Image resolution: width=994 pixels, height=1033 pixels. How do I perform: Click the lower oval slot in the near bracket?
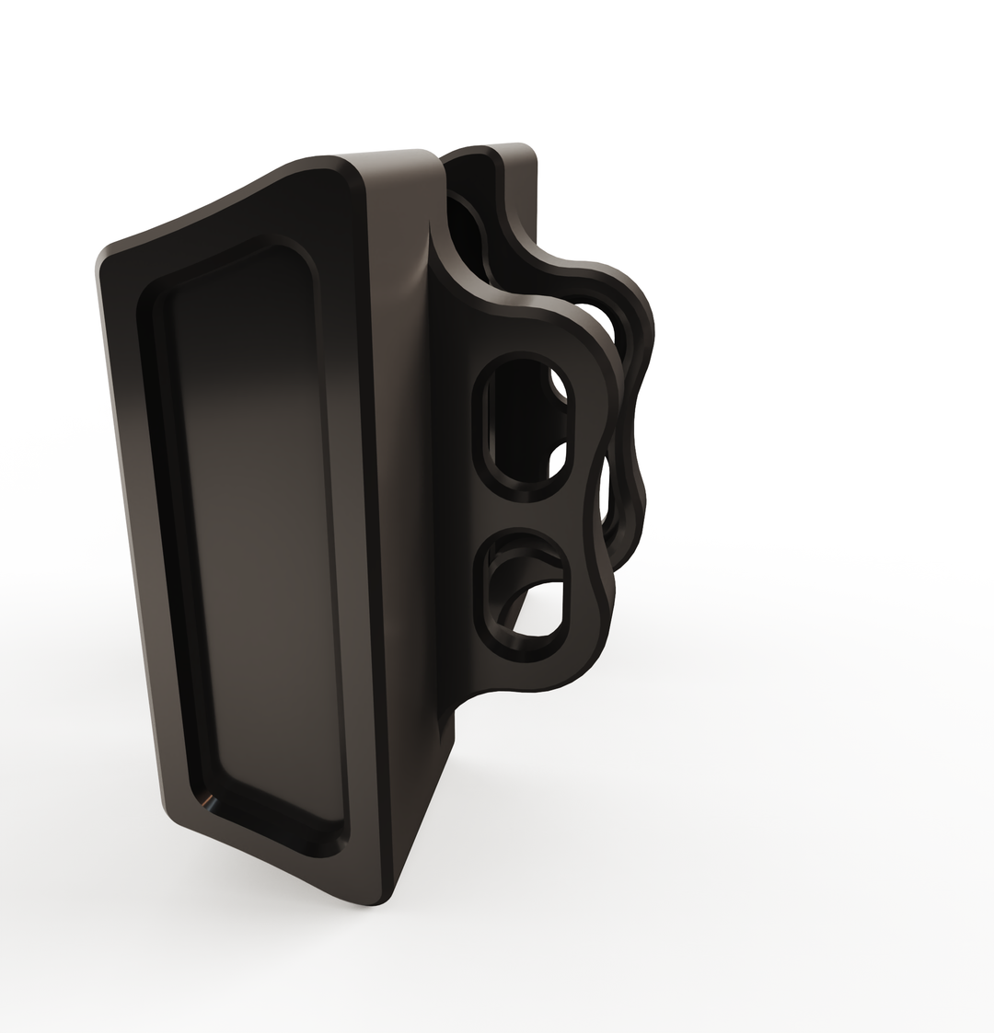click(522, 594)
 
